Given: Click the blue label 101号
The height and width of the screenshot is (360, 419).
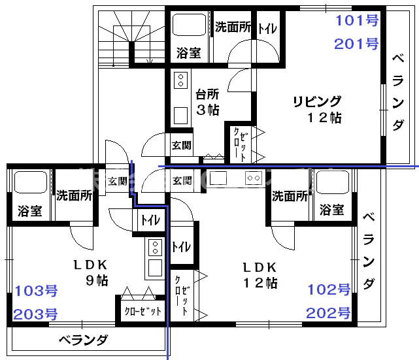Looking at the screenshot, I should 357,20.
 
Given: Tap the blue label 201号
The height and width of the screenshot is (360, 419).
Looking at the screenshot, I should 357,44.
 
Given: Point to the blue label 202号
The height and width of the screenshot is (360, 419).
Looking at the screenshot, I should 329,312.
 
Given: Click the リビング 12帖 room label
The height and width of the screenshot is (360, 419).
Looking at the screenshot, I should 318,109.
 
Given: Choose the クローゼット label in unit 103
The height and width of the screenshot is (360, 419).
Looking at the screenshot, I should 142,312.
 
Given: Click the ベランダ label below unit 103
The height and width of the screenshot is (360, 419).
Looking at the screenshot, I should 83,340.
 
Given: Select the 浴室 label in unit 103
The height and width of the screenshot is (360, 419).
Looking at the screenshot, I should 29,212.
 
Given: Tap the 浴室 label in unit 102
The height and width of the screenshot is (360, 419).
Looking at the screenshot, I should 333,209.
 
